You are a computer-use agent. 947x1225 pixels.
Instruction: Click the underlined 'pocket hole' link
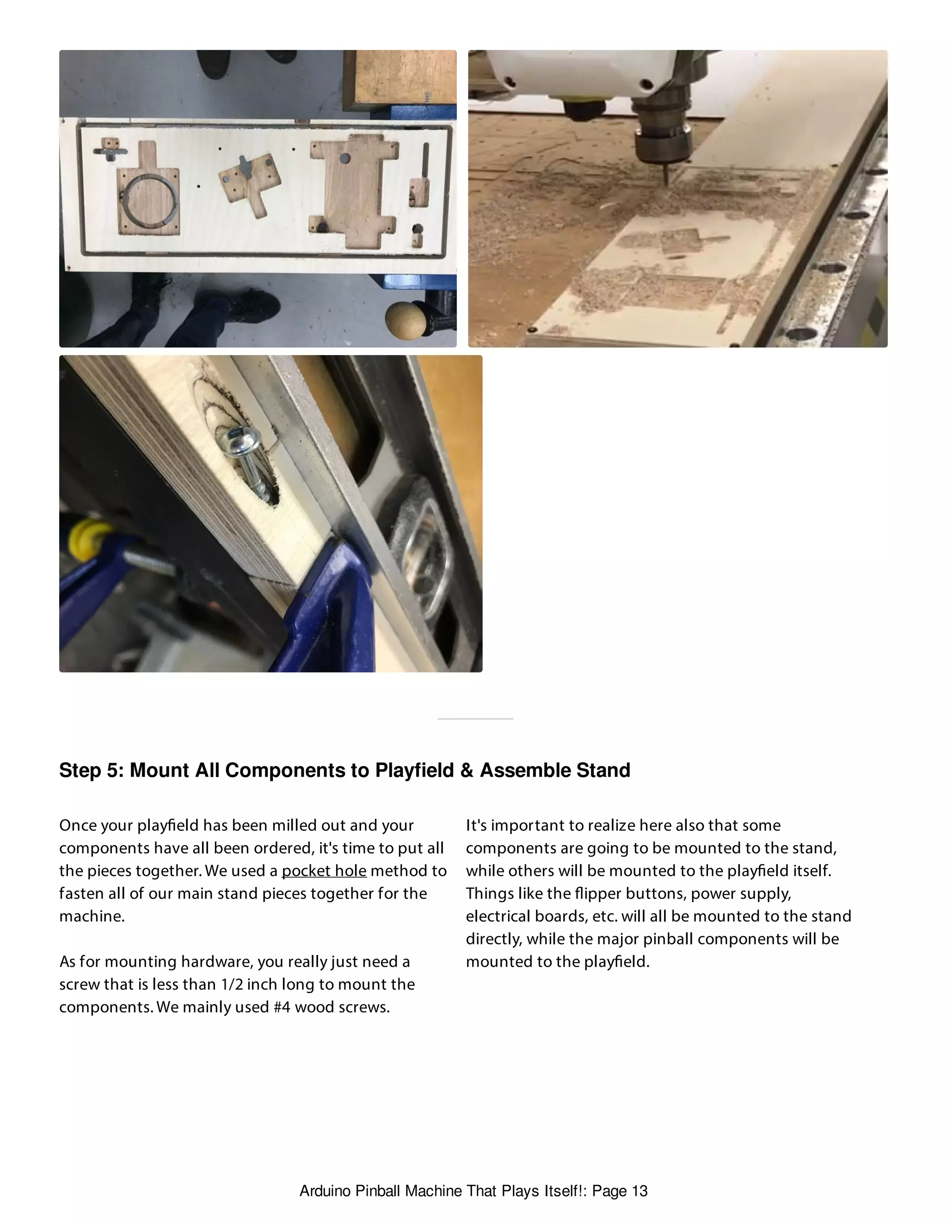pyautogui.click(x=324, y=870)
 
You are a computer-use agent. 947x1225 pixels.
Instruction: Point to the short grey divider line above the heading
pyautogui.click(x=475, y=718)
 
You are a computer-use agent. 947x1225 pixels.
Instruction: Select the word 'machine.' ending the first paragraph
pyautogui.click(x=92, y=916)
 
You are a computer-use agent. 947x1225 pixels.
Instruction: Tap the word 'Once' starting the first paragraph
pyautogui.click(x=77, y=825)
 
